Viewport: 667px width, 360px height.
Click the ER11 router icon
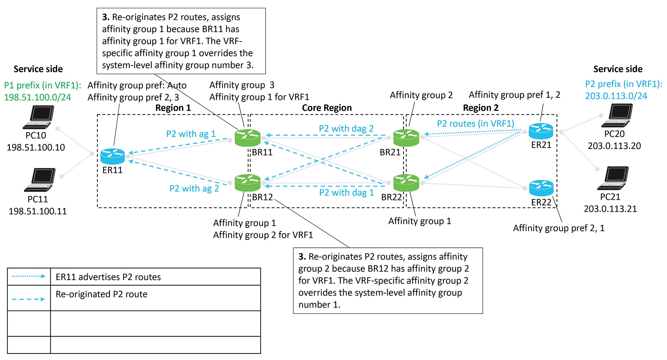[x=113, y=156]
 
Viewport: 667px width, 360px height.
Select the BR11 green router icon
[x=247, y=138]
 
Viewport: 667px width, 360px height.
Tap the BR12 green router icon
[x=247, y=183]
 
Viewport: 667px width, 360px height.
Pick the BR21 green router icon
[x=406, y=138]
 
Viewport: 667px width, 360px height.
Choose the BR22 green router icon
[x=406, y=183]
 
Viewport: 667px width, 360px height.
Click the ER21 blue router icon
[x=541, y=131]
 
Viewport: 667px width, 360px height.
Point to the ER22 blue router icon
[x=541, y=188]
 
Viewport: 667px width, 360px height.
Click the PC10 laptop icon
[x=39, y=117]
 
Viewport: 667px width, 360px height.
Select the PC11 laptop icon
[x=40, y=179]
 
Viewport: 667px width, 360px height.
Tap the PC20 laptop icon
[x=617, y=115]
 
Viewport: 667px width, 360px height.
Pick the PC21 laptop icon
[x=613, y=178]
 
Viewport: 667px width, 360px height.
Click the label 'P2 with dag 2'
[x=346, y=129]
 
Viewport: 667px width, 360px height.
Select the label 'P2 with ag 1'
[x=191, y=134]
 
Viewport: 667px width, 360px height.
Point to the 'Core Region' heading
[x=327, y=108]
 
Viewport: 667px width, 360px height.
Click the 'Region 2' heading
[x=480, y=108]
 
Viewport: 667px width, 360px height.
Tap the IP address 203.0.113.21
[x=610, y=209]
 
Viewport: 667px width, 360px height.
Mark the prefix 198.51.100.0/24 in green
[x=37, y=97]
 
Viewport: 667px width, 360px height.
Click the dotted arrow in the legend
[x=28, y=276]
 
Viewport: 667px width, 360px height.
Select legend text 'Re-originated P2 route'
[x=102, y=294]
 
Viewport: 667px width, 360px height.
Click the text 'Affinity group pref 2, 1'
[x=558, y=228]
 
